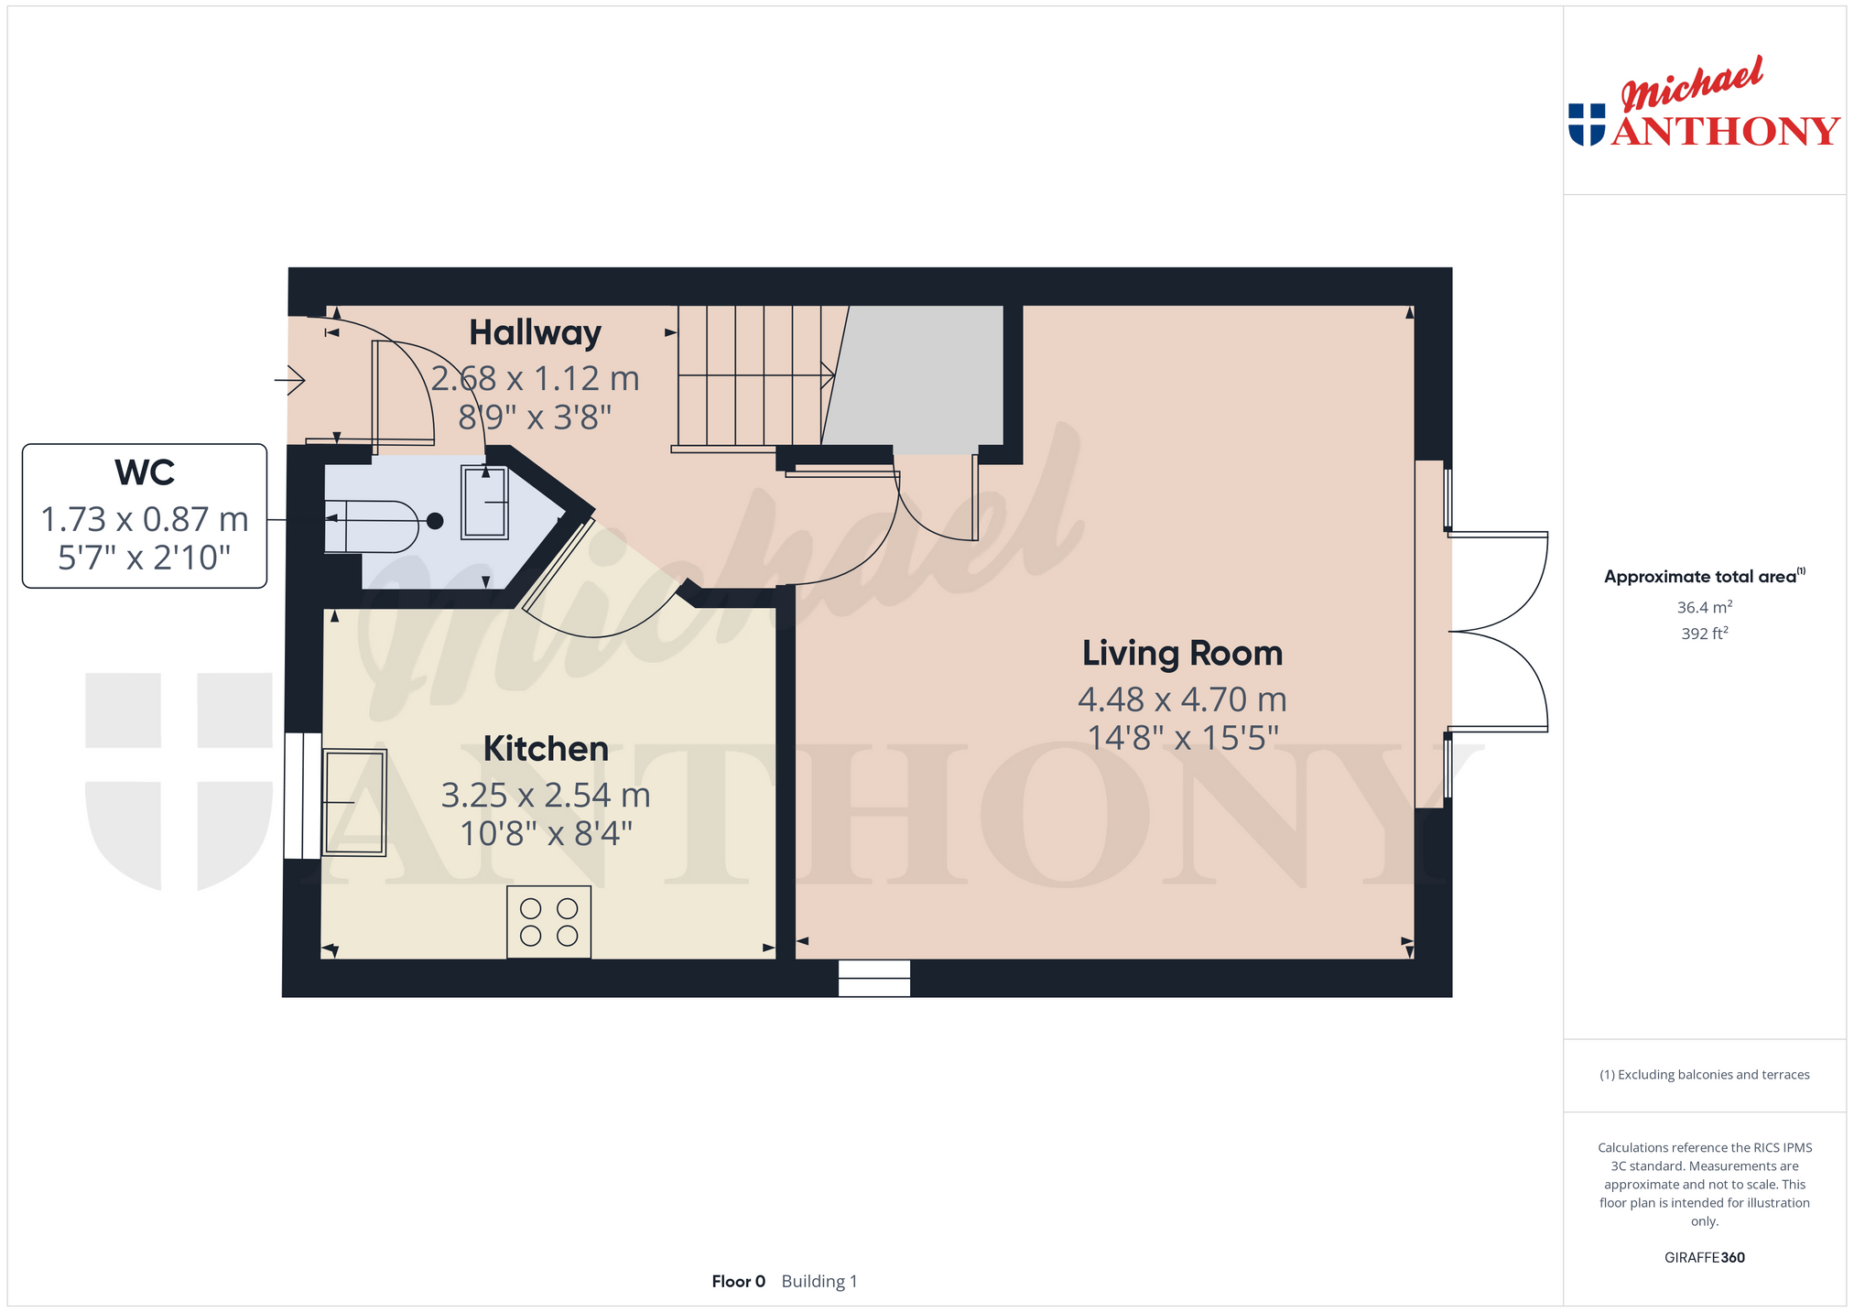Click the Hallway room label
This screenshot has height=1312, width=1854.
(x=535, y=333)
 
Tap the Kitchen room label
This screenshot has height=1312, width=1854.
(x=546, y=749)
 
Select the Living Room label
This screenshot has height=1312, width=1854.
(x=1182, y=654)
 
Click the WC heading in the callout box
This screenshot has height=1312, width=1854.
(x=145, y=473)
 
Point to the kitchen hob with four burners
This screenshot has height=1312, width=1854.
(x=548, y=922)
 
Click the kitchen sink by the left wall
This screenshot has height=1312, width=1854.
(x=354, y=802)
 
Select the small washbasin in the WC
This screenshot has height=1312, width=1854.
(x=484, y=503)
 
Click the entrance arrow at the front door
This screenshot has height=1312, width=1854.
(x=290, y=379)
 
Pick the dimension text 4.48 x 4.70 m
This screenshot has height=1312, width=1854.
(x=1182, y=699)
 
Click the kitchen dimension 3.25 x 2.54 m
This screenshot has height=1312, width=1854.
(x=546, y=795)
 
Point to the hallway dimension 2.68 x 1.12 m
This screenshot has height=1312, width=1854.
(x=535, y=378)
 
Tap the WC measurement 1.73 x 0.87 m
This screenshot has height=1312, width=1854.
(x=145, y=519)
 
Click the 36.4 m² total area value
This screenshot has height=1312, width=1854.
(x=1704, y=607)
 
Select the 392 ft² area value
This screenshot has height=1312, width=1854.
(x=1704, y=633)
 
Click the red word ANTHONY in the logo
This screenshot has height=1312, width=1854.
(x=1726, y=131)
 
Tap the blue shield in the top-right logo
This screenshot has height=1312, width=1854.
(x=1587, y=125)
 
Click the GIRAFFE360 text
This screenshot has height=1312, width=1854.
(x=1704, y=1257)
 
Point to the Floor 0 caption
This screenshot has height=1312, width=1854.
(x=738, y=1281)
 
